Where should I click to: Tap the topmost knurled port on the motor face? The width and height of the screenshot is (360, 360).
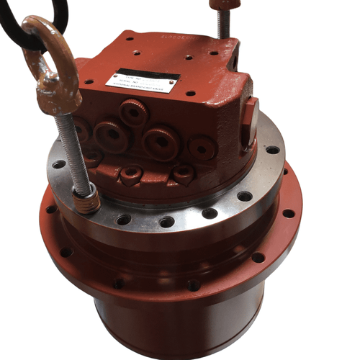point(133,112)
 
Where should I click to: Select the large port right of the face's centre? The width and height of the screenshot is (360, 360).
point(160,140)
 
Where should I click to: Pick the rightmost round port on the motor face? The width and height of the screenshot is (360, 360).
point(202,148)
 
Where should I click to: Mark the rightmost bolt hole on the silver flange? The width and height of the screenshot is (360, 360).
point(273,150)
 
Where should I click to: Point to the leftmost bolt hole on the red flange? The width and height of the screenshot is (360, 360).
point(51,210)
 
